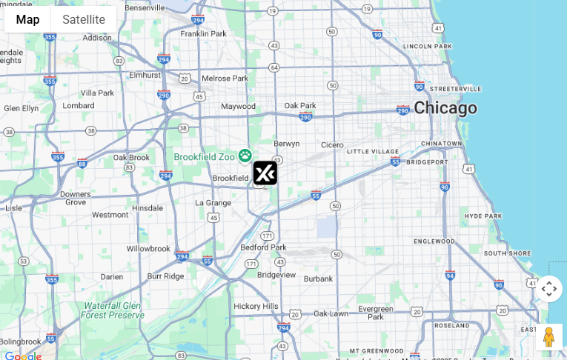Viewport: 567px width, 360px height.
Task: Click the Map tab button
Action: [x=27, y=19]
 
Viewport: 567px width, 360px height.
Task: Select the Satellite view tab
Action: [x=84, y=19]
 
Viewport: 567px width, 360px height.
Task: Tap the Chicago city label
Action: [x=445, y=108]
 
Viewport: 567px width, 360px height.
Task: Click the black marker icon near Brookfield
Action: [x=265, y=173]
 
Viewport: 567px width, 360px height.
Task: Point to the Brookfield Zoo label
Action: [x=204, y=156]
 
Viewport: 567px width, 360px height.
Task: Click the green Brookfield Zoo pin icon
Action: [x=245, y=156]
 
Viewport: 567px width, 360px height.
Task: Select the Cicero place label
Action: [x=332, y=145]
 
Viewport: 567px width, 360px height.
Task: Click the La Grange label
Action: [x=213, y=202]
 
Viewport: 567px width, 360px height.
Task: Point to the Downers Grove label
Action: [x=76, y=198]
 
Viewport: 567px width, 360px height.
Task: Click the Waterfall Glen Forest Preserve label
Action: [x=112, y=310]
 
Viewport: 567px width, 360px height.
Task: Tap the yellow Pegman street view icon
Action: [x=548, y=337]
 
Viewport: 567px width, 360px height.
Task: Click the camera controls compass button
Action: [x=548, y=289]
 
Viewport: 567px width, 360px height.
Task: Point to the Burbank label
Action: [x=318, y=279]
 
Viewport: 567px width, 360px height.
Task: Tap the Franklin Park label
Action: [x=203, y=33]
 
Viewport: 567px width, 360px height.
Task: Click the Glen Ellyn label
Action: [x=21, y=108]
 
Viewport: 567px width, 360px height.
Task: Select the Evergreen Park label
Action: [x=376, y=312]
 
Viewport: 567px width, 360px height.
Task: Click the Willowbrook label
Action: [x=148, y=249]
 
